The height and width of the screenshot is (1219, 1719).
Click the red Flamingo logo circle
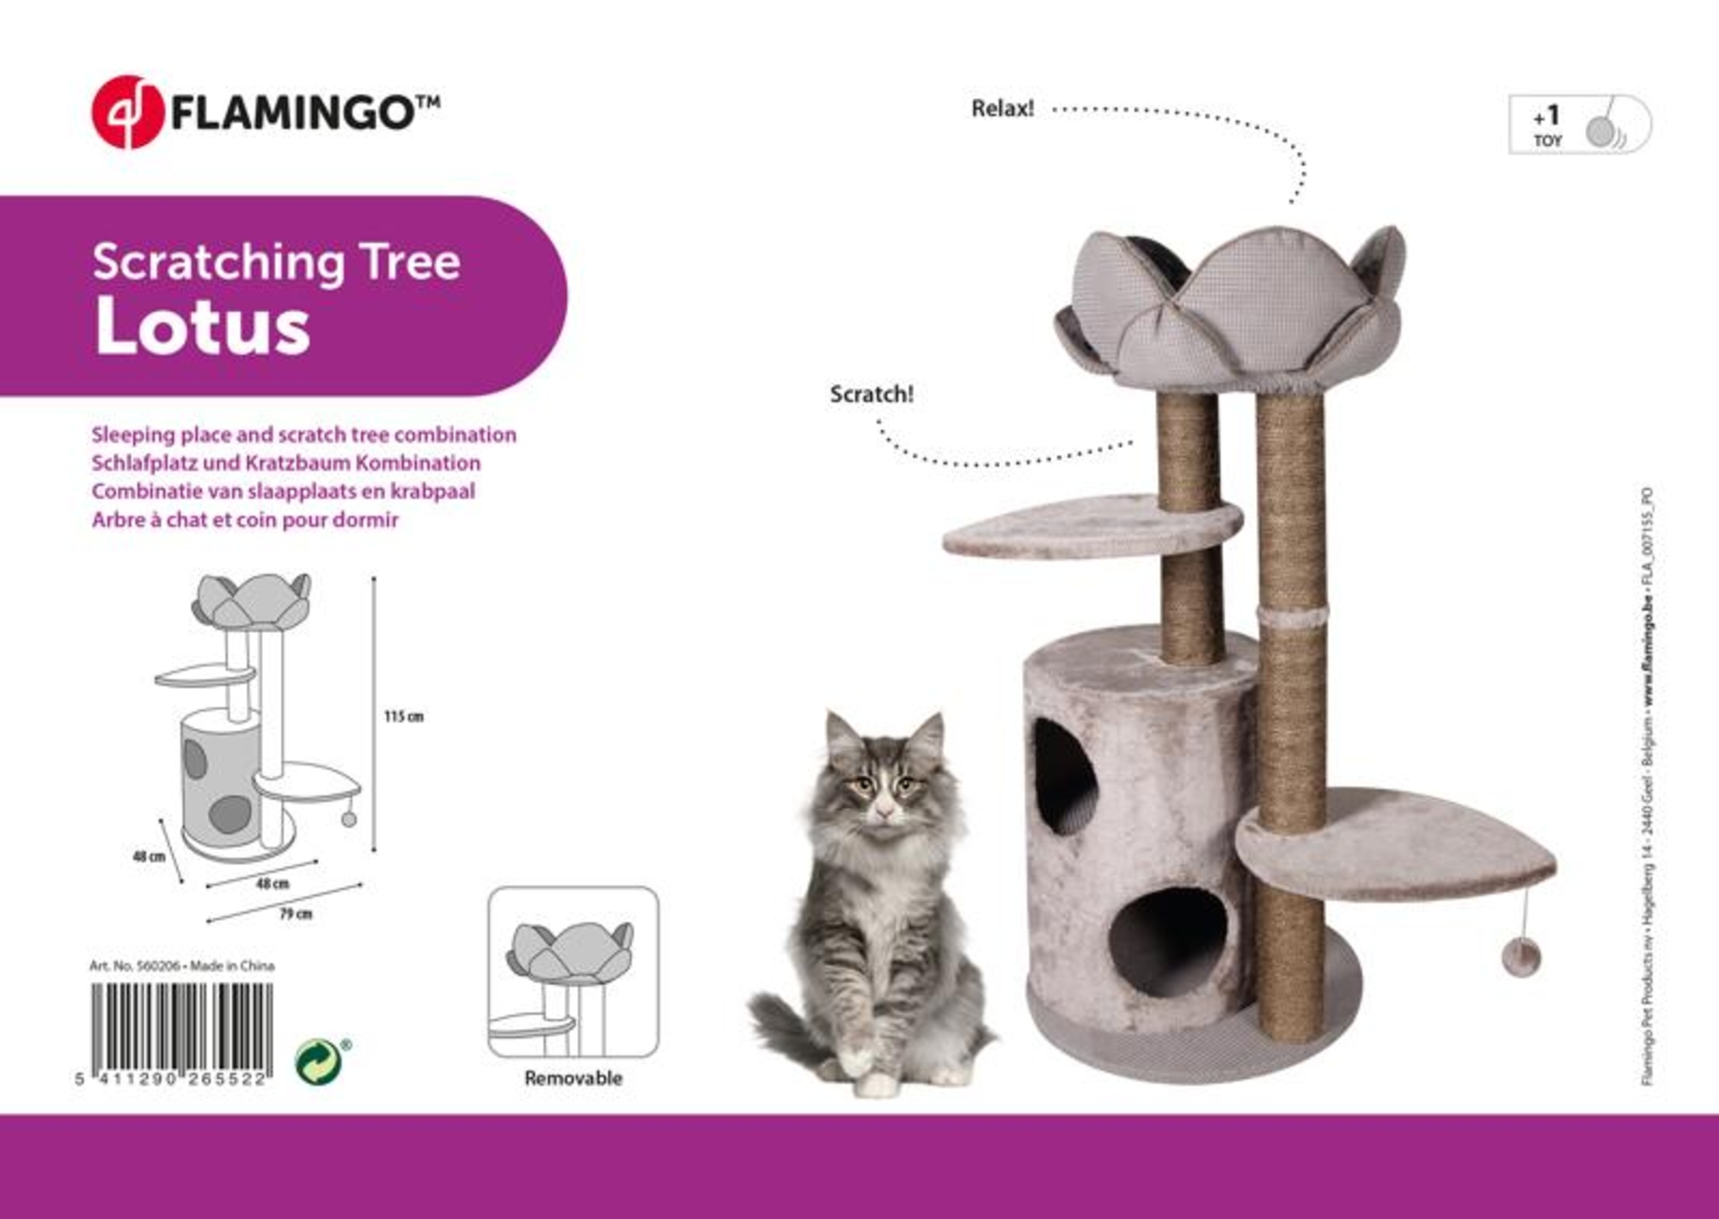(x=127, y=112)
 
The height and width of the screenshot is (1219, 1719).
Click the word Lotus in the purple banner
(x=202, y=328)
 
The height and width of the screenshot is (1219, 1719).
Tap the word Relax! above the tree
(x=1002, y=109)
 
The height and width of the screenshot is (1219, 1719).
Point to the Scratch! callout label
(x=871, y=395)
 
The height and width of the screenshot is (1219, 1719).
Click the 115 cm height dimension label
(x=403, y=716)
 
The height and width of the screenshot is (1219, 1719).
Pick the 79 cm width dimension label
(x=295, y=914)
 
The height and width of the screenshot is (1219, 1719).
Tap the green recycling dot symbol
(x=317, y=1062)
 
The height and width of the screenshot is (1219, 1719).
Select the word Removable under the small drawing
(x=573, y=1078)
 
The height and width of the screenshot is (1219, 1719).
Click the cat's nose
(x=883, y=811)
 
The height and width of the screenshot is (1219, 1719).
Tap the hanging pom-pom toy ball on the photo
(x=1520, y=956)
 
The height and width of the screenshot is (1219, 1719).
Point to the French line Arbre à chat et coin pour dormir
(x=245, y=519)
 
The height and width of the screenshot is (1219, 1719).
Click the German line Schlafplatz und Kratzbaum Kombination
(x=285, y=462)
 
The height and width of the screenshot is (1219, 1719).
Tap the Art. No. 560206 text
(x=134, y=965)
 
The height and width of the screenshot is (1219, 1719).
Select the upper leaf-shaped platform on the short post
(x=1074, y=526)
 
